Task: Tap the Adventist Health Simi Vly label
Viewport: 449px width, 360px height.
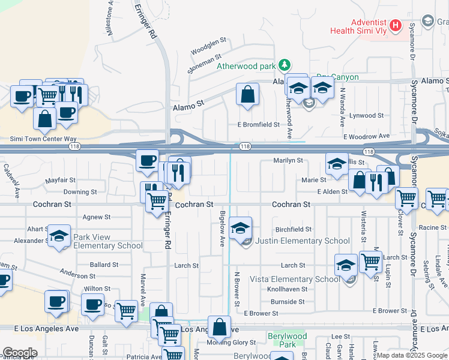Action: point(359,25)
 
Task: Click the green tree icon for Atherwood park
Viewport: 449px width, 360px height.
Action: point(286,65)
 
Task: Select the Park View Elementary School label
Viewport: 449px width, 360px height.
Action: point(108,241)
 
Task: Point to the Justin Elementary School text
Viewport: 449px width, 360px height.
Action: point(303,241)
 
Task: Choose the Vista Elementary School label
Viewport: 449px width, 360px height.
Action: point(294,279)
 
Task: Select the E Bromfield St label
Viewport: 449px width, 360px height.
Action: point(258,125)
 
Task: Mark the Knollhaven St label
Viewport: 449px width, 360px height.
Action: point(287,289)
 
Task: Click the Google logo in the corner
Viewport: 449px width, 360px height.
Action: point(19,353)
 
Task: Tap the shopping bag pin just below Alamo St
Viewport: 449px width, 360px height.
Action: point(247,95)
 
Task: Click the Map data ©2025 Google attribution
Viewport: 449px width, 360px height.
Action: point(412,355)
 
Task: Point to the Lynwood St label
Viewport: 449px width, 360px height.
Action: point(367,115)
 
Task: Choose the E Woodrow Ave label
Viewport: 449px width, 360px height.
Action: point(366,137)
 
